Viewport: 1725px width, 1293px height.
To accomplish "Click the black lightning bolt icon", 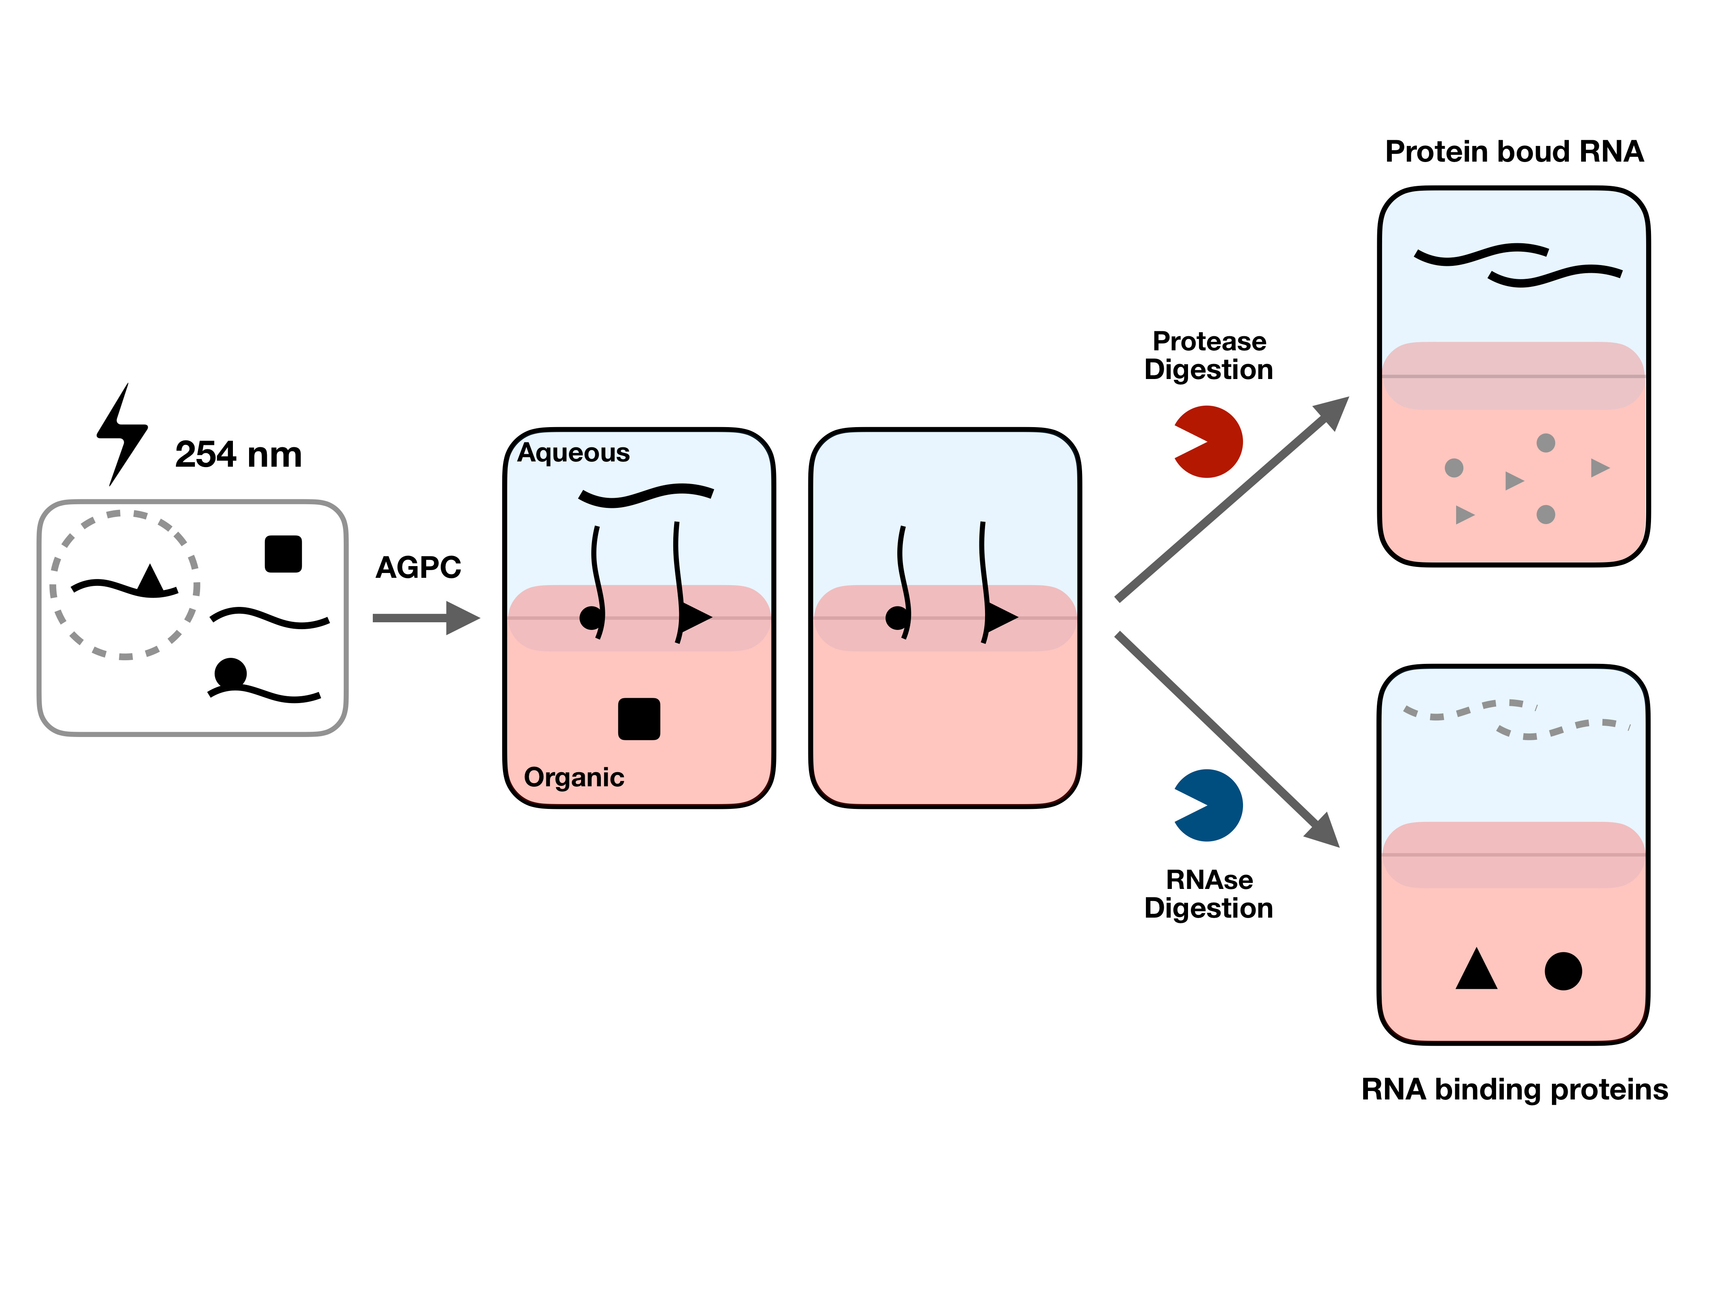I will pyautogui.click(x=122, y=433).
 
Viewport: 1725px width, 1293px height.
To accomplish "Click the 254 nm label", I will pyautogui.click(x=238, y=455).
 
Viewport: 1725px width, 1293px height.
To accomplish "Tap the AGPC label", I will pyautogui.click(x=418, y=567).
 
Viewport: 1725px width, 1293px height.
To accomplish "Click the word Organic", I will pyautogui.click(x=574, y=777).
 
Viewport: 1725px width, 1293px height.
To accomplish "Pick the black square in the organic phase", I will pyautogui.click(x=639, y=718).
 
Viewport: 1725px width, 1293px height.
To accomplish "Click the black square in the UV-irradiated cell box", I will pyautogui.click(x=283, y=554).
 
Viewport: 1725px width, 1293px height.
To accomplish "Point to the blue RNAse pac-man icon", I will pyautogui.click(x=1209, y=805).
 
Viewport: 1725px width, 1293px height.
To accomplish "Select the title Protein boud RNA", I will pyautogui.click(x=1514, y=151).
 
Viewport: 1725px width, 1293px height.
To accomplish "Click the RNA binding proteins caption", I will pyautogui.click(x=1514, y=1089).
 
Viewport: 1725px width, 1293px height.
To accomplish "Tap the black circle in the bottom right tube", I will pyautogui.click(x=1563, y=971).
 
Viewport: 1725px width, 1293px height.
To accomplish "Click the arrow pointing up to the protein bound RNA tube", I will pyautogui.click(x=1232, y=499).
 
